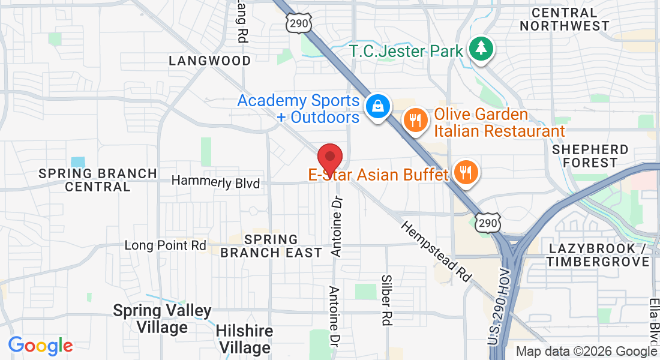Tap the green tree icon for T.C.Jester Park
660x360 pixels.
pos(481,48)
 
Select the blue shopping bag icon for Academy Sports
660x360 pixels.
pos(378,107)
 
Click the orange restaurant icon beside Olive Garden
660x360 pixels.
pos(414,118)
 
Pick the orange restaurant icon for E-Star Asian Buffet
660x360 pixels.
pos(464,172)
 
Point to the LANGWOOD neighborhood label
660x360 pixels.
pos(209,61)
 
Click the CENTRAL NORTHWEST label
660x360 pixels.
pos(565,19)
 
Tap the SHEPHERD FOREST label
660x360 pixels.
pos(590,156)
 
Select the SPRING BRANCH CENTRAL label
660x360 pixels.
pos(98,179)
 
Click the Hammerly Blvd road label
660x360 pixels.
pos(215,182)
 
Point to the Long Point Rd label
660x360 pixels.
pos(165,245)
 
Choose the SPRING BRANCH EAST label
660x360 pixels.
pos(271,246)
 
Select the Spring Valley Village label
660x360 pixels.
pos(162,319)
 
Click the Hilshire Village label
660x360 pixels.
pos(244,339)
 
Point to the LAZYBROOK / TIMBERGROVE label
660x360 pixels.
pos(598,255)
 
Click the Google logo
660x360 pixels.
pos(40,346)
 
